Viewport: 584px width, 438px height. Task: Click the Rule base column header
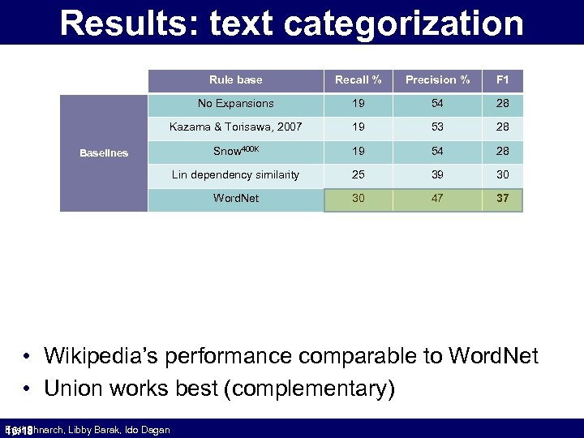tap(235, 79)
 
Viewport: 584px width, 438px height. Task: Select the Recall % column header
tap(359, 79)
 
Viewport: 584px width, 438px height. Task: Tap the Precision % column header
tap(438, 79)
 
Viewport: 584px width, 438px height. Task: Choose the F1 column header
tap(503, 79)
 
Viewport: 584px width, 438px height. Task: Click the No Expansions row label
tap(235, 103)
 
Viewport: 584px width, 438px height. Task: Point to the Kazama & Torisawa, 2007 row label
tap(235, 127)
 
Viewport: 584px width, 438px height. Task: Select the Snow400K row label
tap(235, 151)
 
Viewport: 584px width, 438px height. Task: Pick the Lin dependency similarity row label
tap(235, 174)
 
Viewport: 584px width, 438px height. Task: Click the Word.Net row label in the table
tap(235, 198)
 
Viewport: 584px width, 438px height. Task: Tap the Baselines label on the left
tap(104, 152)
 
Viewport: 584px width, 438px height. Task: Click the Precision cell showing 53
tap(438, 127)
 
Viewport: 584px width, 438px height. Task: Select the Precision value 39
tap(438, 174)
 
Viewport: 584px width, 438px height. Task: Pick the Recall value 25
tap(359, 174)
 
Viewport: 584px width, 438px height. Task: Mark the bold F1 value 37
tap(503, 199)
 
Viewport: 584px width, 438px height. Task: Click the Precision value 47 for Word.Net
tap(438, 199)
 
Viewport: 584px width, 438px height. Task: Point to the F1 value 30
tap(503, 174)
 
